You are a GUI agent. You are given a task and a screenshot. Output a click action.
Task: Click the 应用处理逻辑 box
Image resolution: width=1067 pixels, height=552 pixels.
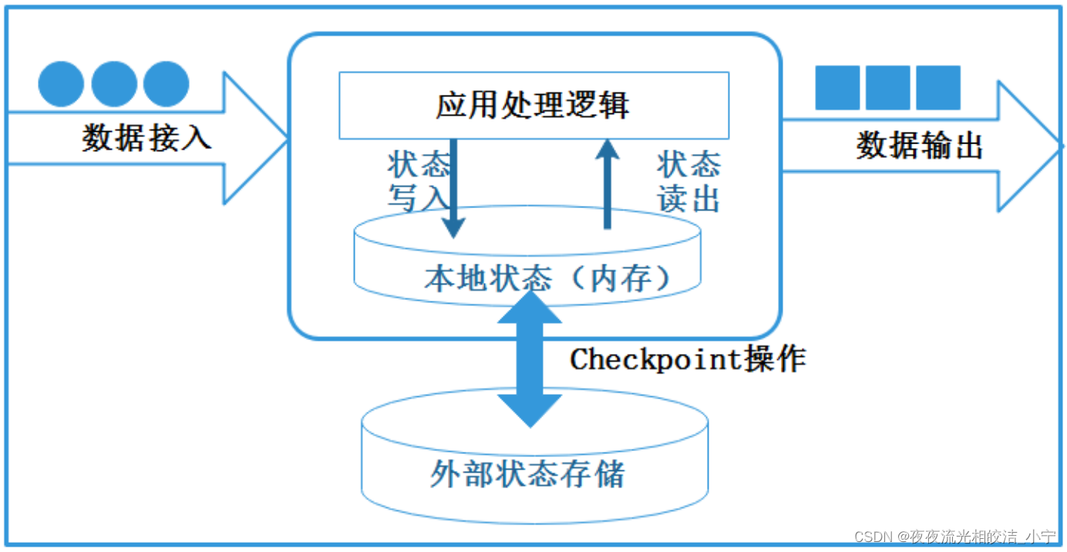[533, 105]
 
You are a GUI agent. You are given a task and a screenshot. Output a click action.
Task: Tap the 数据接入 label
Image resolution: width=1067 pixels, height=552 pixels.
[146, 139]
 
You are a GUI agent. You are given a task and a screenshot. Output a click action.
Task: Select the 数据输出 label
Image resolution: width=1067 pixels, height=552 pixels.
[920, 145]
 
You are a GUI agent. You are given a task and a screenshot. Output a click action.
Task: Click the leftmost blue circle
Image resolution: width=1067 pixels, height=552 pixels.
[61, 84]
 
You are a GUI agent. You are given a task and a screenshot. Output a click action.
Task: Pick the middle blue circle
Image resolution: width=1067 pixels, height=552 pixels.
[114, 84]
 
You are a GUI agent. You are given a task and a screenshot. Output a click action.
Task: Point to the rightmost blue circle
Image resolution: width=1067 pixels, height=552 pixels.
[166, 84]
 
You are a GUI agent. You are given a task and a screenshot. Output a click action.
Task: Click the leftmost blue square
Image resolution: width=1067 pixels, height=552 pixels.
[837, 88]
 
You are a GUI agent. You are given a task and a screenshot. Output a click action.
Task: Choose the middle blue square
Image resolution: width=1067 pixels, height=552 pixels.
[887, 88]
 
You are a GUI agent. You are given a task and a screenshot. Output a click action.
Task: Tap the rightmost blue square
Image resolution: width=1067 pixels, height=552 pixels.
[938, 88]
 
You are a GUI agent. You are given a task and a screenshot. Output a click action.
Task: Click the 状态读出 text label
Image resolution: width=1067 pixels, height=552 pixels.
[688, 182]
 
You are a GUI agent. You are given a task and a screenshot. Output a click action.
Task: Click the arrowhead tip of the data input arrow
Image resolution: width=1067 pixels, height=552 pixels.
[287, 139]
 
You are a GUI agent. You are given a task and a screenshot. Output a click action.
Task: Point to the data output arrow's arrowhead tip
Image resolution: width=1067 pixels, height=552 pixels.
[1061, 146]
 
